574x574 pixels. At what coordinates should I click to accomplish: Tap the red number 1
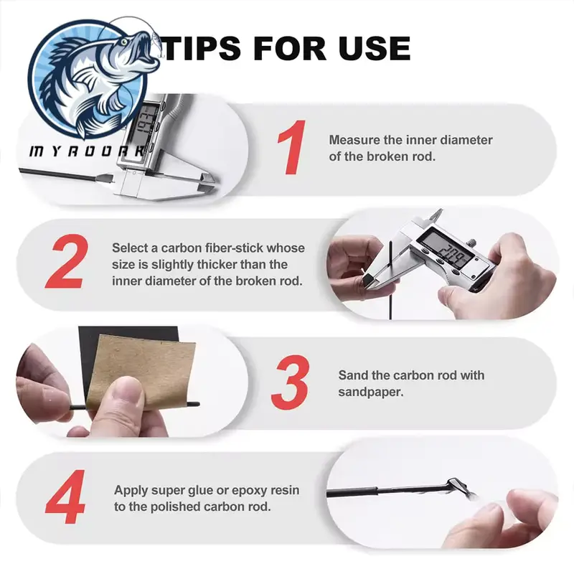click(293, 147)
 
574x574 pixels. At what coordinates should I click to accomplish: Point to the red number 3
click(291, 382)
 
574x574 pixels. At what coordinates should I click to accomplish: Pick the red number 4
click(66, 497)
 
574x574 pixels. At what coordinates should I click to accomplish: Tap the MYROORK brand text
click(86, 151)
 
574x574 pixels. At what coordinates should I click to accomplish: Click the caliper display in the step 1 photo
click(146, 121)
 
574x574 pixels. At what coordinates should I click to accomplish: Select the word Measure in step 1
click(354, 140)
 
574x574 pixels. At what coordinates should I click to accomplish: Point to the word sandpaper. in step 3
click(370, 392)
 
